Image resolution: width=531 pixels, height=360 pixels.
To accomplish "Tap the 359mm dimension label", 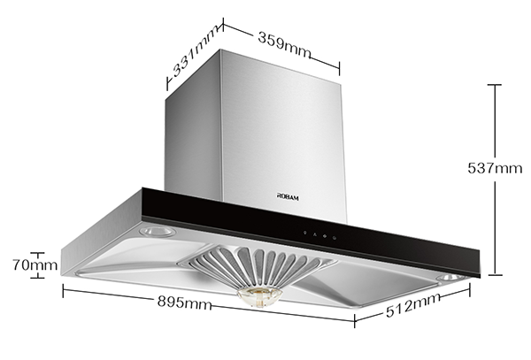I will click(x=283, y=42).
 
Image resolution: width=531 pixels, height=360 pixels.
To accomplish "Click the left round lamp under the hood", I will click(x=158, y=232).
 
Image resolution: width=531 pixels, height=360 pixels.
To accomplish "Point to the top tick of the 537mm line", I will click(x=494, y=85).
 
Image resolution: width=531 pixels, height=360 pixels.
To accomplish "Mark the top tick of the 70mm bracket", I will click(x=37, y=251).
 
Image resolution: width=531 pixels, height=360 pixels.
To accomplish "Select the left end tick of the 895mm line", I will click(x=63, y=287).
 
